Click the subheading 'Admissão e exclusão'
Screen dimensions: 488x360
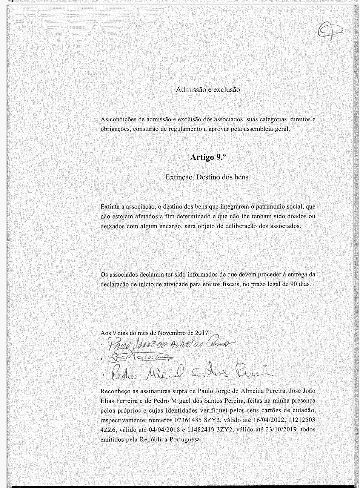point(208,90)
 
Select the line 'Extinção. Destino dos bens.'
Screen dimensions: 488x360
point(208,177)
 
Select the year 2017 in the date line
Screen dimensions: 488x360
point(202,333)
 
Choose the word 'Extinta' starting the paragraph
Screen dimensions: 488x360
point(109,207)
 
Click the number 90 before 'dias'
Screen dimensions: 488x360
point(294,284)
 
